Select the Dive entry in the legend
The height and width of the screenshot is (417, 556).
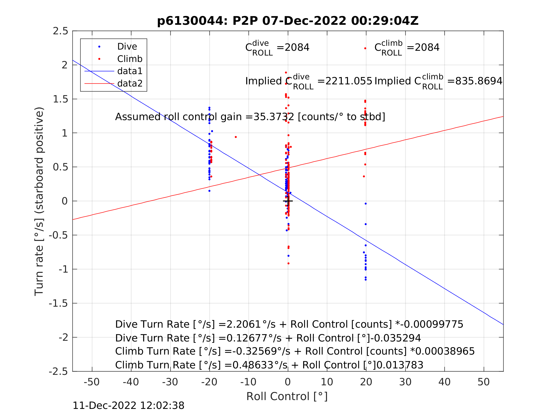[127, 46]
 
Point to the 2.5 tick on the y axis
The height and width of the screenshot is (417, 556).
[60, 31]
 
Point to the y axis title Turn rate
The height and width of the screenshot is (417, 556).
[39, 201]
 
